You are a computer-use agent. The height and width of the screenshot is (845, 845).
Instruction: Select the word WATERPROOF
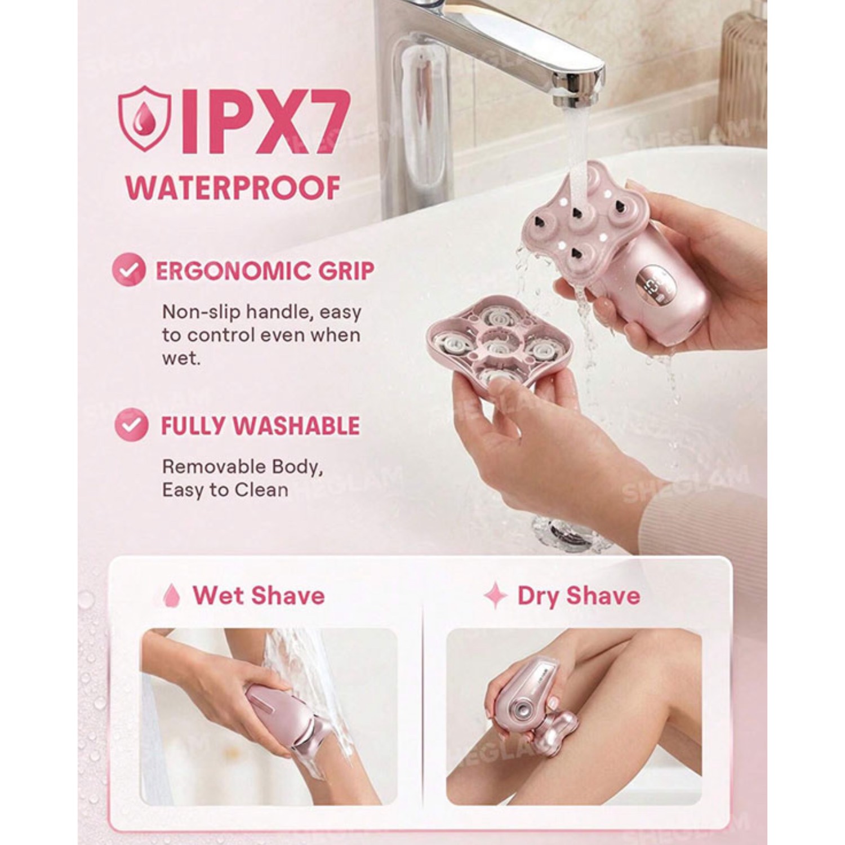click(233, 188)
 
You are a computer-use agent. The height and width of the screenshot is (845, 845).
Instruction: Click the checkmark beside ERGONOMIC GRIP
click(130, 270)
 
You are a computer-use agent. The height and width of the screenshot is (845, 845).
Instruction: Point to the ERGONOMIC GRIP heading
click(265, 271)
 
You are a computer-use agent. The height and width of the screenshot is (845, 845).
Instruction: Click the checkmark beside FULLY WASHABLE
click(131, 425)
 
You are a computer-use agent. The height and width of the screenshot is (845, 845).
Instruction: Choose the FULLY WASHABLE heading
click(260, 426)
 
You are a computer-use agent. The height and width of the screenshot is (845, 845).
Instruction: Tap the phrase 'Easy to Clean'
click(225, 490)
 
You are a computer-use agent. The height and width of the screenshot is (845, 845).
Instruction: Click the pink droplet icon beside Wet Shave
click(172, 595)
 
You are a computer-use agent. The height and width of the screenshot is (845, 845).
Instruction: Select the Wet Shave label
click(259, 595)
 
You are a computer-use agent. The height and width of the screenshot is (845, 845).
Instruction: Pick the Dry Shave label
click(579, 596)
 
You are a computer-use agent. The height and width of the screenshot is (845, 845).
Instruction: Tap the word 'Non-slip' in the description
click(197, 312)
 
